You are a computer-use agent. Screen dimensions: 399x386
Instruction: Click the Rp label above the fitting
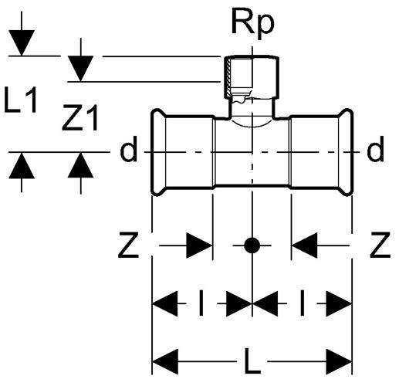point(252,23)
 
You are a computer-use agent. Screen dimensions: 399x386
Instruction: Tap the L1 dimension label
point(21,100)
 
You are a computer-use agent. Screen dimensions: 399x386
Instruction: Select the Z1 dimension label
point(80,118)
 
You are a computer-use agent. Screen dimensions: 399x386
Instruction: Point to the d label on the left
point(129,149)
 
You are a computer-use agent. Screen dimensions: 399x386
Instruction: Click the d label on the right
point(375,149)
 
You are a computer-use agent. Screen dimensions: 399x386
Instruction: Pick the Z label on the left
point(128,245)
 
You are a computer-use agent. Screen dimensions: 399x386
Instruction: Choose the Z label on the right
point(380,245)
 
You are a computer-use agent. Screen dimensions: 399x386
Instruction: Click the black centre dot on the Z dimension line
point(252,245)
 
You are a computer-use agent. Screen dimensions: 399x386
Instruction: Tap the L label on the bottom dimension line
point(252,361)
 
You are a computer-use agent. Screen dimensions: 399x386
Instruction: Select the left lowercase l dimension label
point(201,303)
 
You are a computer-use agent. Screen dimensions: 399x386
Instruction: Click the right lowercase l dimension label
point(303,303)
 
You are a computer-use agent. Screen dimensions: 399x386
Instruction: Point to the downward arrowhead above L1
point(22,42)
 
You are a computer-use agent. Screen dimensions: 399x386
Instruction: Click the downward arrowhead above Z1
point(80,69)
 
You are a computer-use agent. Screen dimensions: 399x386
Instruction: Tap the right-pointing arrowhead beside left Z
point(199,245)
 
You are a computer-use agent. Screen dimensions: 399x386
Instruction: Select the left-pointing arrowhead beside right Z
point(305,245)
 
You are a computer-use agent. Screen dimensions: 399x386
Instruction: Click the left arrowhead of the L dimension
point(165,361)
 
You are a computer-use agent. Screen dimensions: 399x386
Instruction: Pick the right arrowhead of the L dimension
point(339,361)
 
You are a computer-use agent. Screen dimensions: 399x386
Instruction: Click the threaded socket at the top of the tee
point(252,76)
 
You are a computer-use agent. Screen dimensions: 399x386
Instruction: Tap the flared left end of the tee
point(158,152)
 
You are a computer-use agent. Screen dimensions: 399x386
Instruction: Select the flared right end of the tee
point(346,152)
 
